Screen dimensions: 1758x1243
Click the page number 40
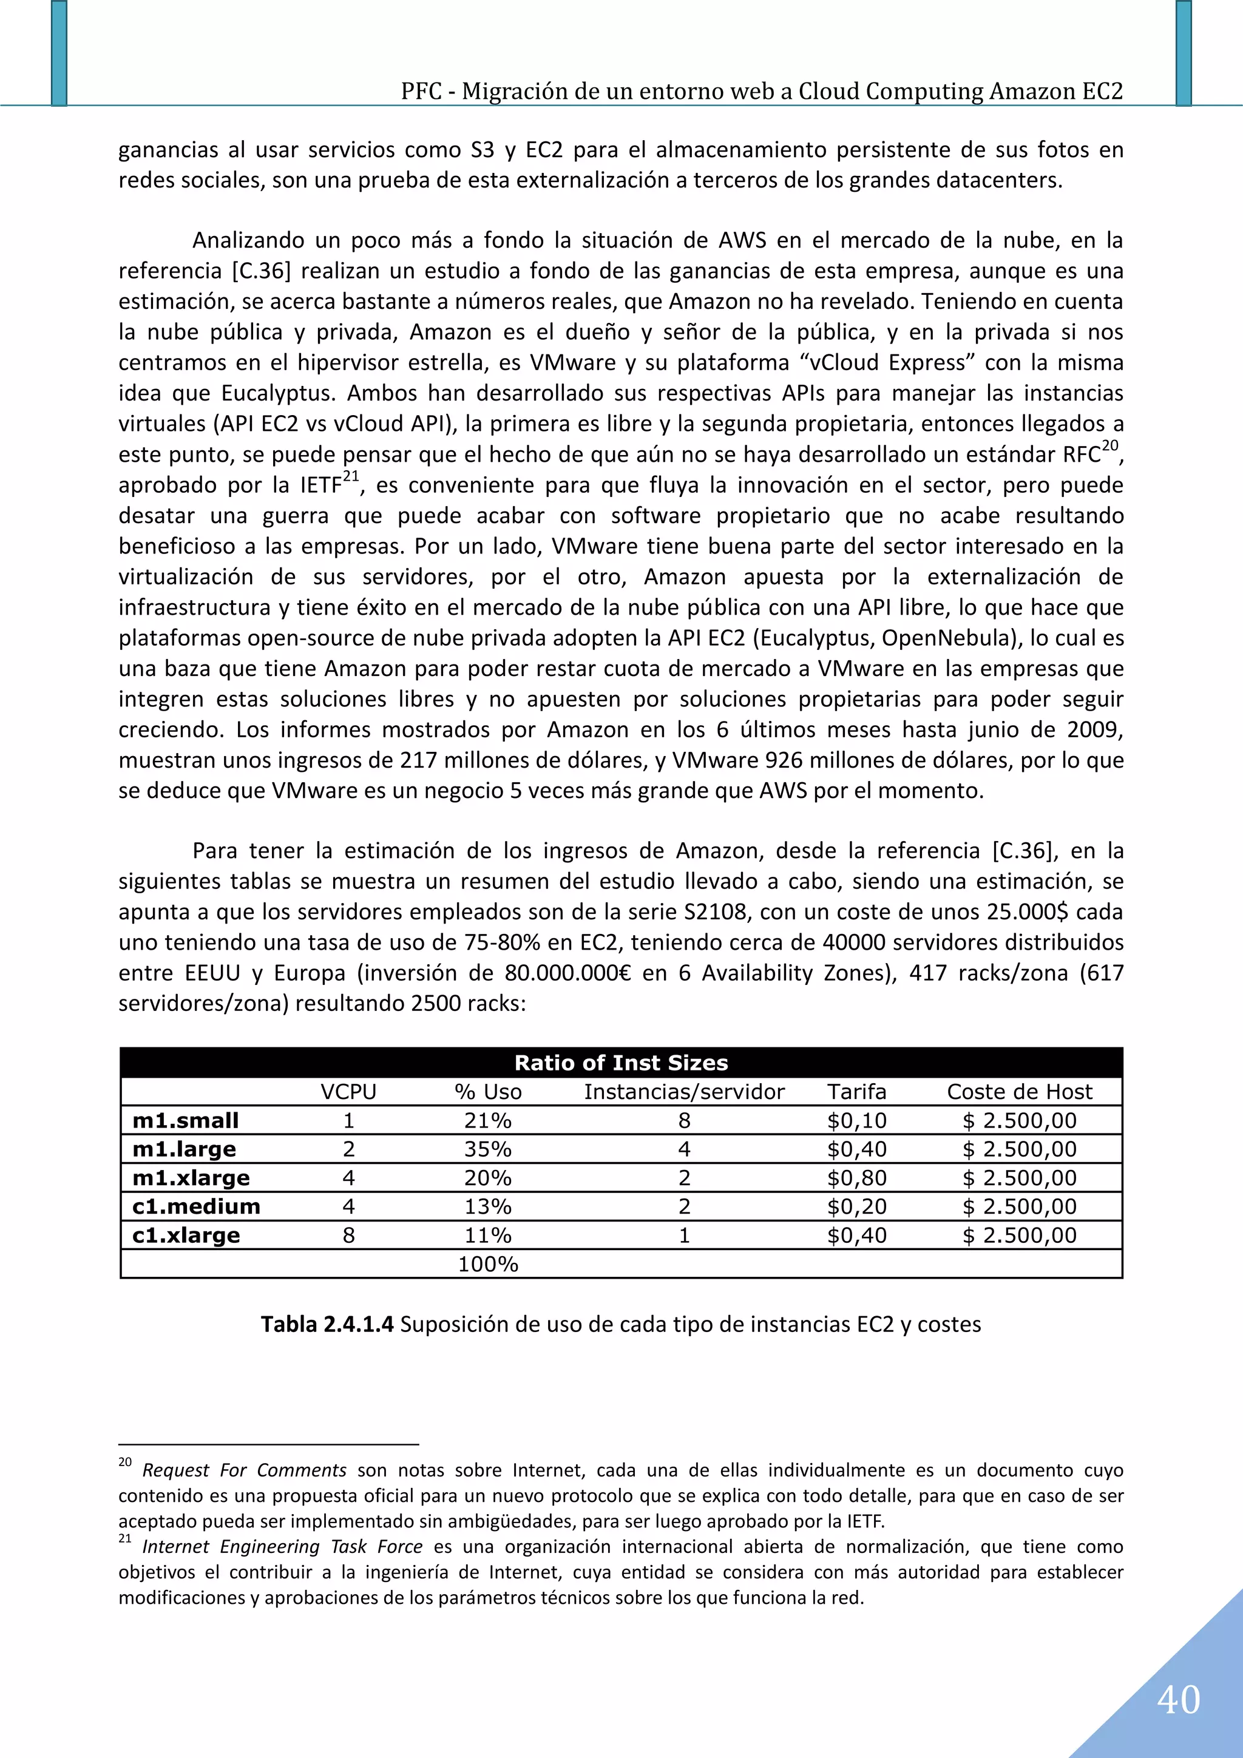tap(1178, 1700)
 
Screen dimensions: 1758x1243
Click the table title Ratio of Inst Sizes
tap(620, 1063)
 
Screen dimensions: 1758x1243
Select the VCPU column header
tap(348, 1092)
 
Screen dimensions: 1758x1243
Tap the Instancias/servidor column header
tap(684, 1092)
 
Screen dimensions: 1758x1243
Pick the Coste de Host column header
tap(1020, 1092)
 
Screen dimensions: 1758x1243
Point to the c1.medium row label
tap(196, 1207)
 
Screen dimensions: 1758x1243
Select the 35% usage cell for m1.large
tap(488, 1149)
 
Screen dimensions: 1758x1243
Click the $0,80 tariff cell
tap(856, 1178)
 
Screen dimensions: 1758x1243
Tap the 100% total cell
tap(488, 1264)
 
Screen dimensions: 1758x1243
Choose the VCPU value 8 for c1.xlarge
tap(348, 1236)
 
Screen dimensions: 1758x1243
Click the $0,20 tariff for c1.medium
tap(856, 1207)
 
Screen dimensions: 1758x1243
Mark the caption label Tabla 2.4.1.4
tap(327, 1325)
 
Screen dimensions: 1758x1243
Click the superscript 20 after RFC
tap(1109, 445)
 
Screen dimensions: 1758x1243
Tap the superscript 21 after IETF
tap(351, 476)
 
